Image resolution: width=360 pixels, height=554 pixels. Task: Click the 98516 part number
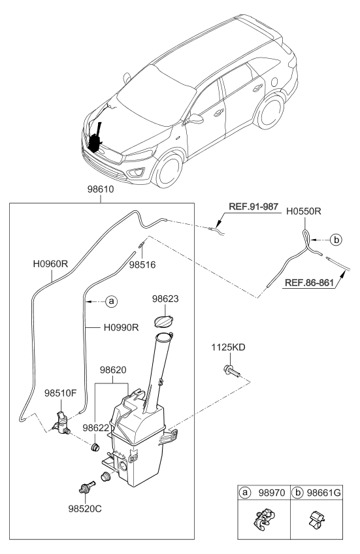coord(142,266)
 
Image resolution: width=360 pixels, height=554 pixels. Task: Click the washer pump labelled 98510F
coord(63,424)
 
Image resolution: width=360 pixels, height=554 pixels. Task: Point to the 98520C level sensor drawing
coord(85,487)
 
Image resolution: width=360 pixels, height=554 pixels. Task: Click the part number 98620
coord(113,370)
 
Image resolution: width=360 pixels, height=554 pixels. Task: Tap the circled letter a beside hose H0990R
coord(111,301)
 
